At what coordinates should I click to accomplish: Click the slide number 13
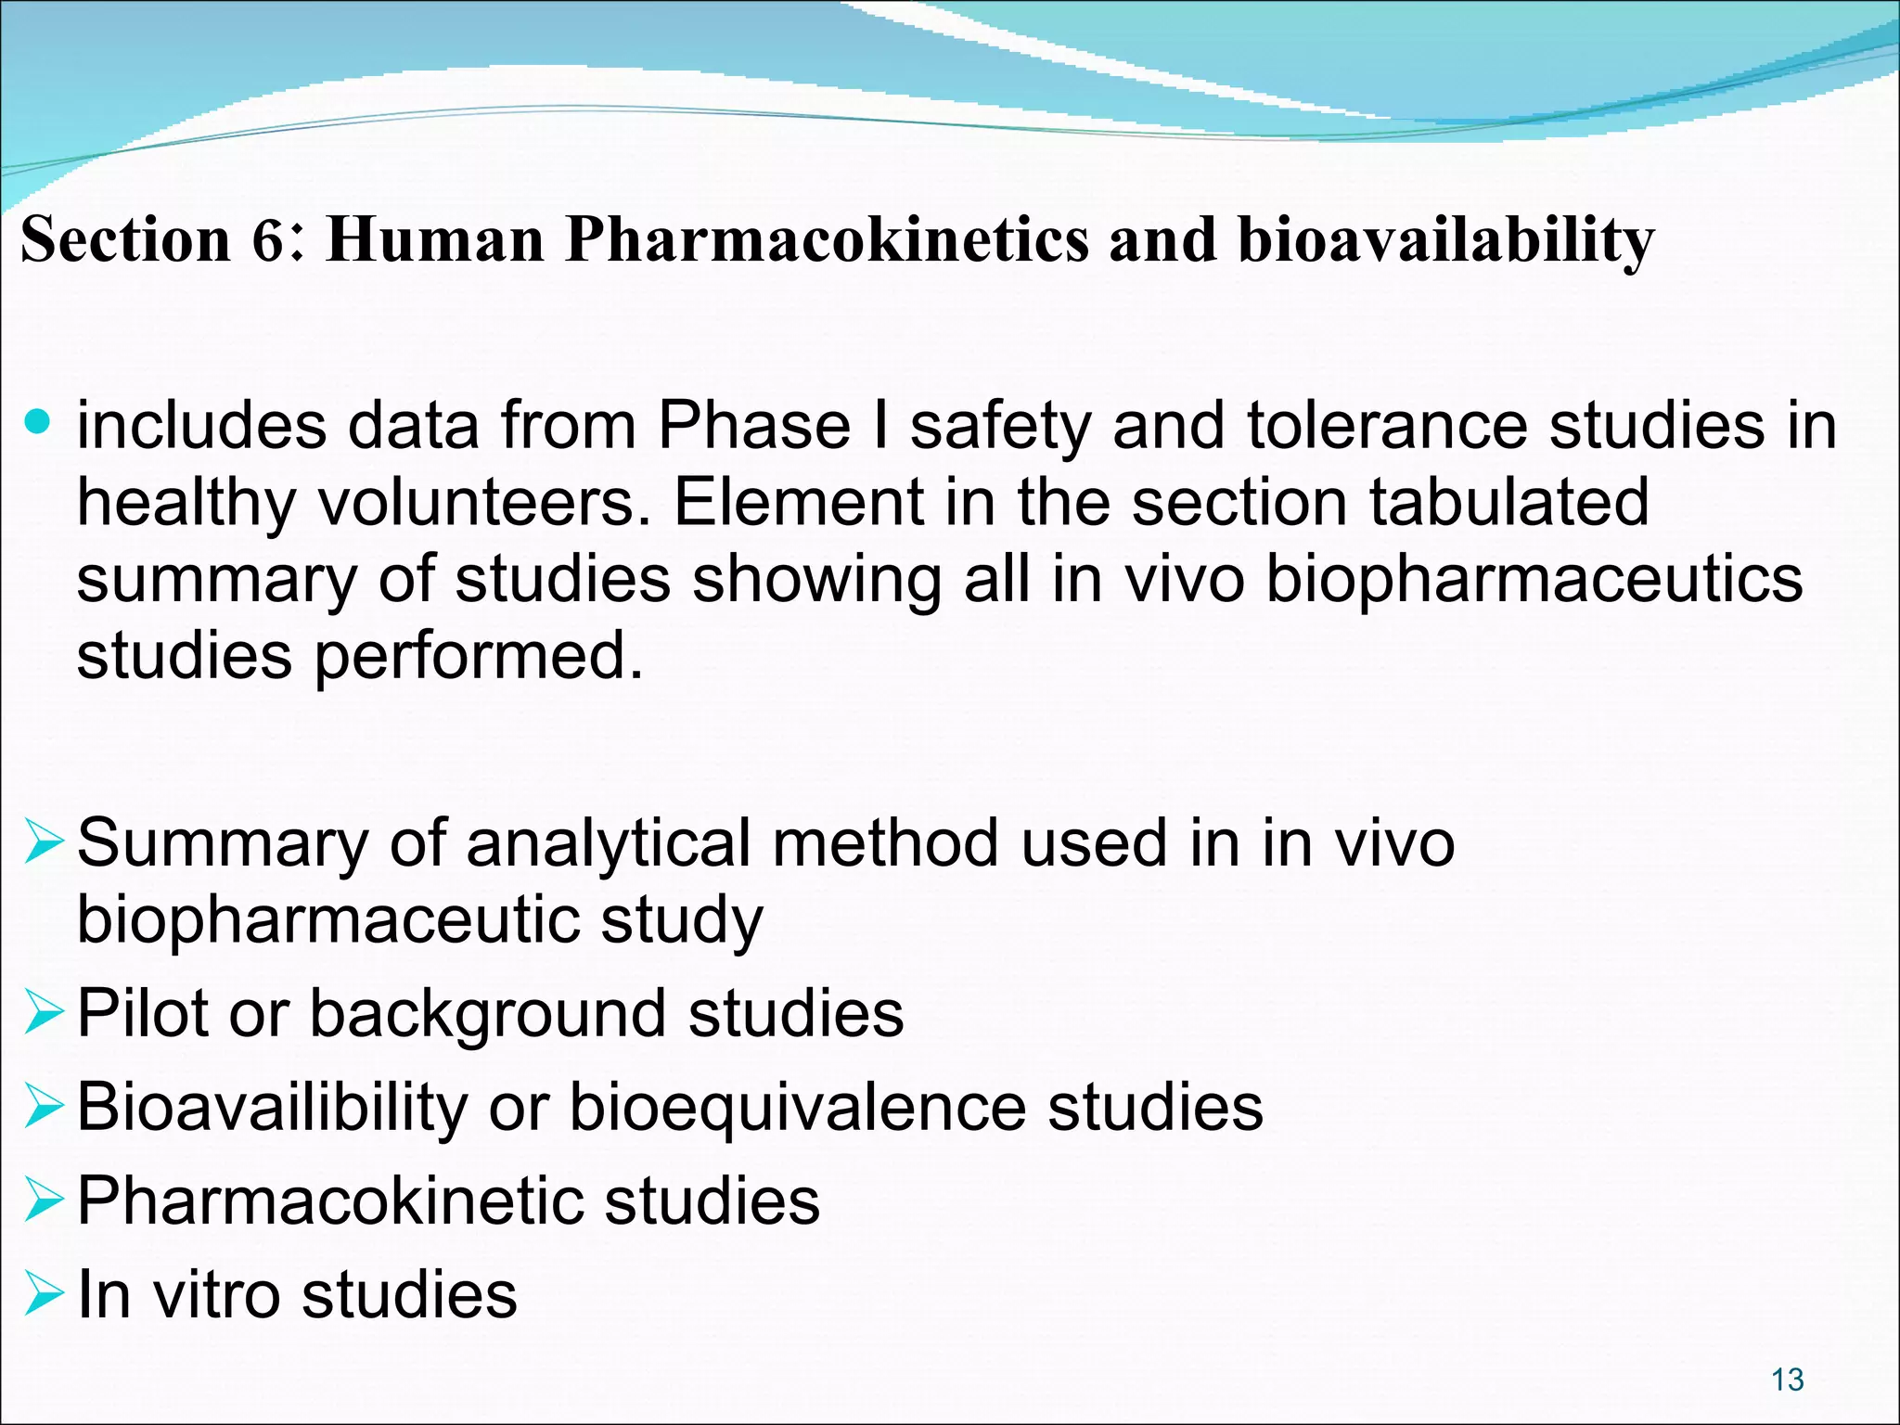coord(1787,1380)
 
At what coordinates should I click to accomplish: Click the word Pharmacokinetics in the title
coord(826,239)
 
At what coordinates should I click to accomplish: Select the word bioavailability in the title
coord(1445,239)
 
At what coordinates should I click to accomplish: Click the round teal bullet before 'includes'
coord(38,423)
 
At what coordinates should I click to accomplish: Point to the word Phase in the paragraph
coord(754,426)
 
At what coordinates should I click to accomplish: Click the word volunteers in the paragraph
coord(484,503)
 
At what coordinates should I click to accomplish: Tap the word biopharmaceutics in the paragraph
coord(1534,580)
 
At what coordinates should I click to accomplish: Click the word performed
coord(478,656)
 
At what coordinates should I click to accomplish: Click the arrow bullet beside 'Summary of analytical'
coord(44,842)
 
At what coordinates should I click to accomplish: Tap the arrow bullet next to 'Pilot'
coord(44,1012)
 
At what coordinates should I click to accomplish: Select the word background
coord(487,1013)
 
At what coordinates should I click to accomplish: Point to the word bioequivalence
coord(797,1107)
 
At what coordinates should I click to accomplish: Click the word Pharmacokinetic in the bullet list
coord(329,1200)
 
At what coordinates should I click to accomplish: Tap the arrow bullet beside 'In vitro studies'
coord(44,1294)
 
